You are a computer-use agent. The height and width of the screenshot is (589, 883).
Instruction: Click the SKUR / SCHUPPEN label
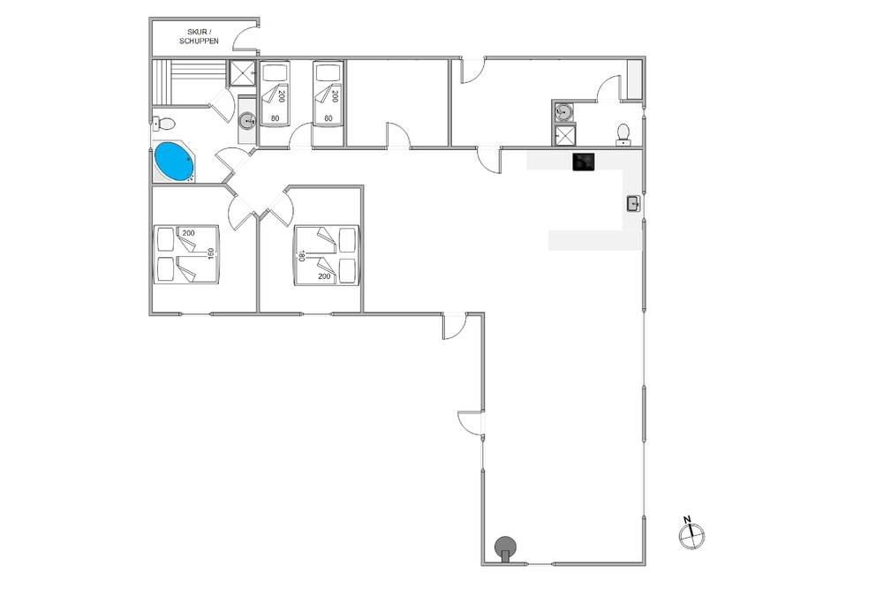(199, 36)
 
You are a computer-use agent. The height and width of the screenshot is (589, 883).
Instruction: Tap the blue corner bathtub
(174, 162)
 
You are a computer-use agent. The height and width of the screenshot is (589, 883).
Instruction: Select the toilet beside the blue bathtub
(163, 122)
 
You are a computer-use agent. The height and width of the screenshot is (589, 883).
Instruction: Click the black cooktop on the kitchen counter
(584, 162)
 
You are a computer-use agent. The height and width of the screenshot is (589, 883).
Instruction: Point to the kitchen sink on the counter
(633, 203)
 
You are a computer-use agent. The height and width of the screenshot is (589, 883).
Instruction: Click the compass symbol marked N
(691, 532)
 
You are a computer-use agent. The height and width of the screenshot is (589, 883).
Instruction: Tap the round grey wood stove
(505, 547)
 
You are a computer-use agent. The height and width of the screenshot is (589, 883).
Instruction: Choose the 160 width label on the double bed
(211, 254)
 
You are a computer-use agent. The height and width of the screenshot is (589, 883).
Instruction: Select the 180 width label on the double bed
(301, 256)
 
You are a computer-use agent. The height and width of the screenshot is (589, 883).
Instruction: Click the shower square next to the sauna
(243, 72)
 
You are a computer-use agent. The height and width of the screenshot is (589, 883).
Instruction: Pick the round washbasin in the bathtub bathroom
(246, 120)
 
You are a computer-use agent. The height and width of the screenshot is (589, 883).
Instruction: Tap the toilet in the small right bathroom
(623, 134)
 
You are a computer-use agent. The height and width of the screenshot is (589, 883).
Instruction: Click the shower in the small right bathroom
(564, 135)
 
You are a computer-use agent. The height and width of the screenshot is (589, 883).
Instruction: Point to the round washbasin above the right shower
(563, 111)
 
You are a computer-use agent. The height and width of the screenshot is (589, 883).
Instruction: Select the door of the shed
(245, 40)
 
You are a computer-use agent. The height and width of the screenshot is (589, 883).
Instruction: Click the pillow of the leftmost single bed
(275, 73)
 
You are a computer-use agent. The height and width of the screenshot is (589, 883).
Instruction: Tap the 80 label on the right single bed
(328, 118)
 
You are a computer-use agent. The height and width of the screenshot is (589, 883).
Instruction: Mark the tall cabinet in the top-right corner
(635, 79)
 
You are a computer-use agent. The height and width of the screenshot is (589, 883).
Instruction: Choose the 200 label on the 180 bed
(324, 276)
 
